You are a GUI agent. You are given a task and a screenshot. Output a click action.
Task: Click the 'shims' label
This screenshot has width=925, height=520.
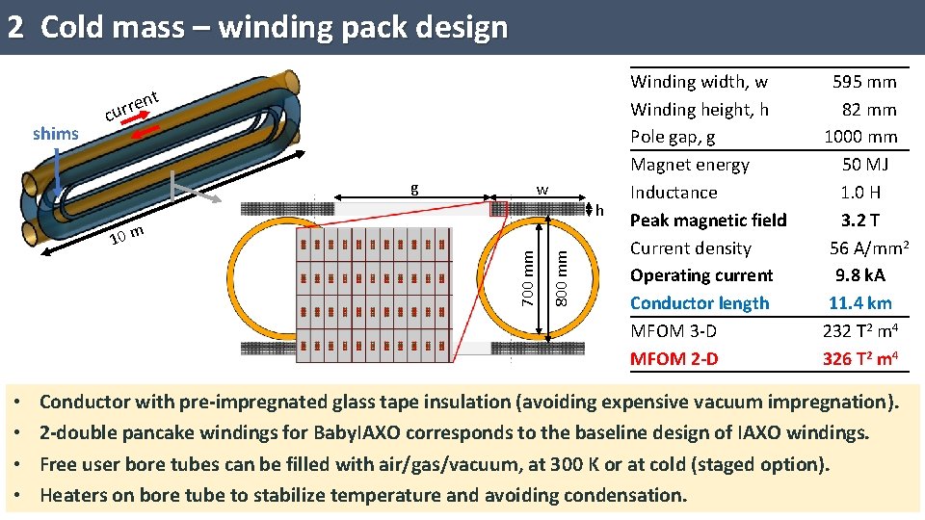coord(55,134)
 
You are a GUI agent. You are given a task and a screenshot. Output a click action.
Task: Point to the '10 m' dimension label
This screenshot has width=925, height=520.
coord(126,234)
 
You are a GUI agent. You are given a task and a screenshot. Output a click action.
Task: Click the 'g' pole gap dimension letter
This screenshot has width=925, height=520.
coord(414,189)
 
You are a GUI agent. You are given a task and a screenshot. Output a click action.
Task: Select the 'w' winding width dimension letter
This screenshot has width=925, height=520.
coord(542,190)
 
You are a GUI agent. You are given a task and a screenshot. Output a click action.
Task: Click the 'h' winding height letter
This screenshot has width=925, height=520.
coord(599,209)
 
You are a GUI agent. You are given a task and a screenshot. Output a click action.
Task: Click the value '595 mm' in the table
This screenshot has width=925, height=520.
coord(864,82)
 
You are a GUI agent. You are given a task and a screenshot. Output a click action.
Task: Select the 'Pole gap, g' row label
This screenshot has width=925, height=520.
coord(673,137)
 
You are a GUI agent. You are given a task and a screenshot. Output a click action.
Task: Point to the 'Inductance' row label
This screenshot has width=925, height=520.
coord(674,193)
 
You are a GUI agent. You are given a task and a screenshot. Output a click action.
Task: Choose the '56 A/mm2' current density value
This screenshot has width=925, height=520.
coord(869,247)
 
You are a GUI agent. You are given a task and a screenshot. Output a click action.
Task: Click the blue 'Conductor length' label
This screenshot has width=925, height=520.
coord(700,303)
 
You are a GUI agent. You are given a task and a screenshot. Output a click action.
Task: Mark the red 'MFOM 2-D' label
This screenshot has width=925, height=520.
coord(674,359)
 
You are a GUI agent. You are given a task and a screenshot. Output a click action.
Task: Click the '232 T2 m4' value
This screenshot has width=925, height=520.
coord(860,331)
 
